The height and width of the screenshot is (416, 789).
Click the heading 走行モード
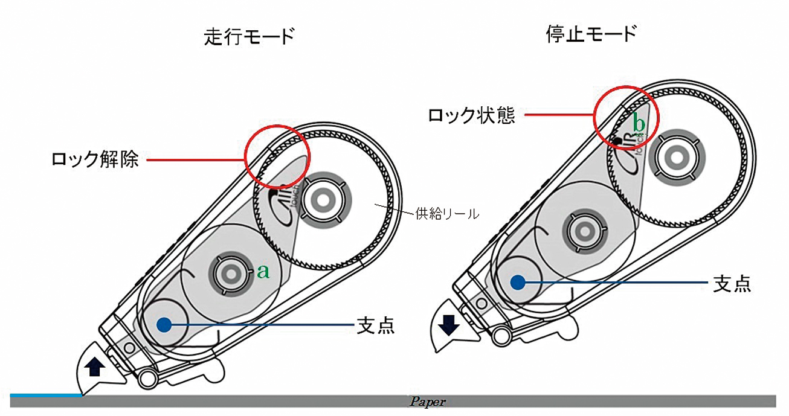point(249,38)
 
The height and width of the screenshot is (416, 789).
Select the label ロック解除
point(96,161)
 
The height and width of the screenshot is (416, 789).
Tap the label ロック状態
point(472,115)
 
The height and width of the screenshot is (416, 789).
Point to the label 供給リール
point(447,213)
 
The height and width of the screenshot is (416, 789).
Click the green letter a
point(263,272)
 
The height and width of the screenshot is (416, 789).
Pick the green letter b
point(639,124)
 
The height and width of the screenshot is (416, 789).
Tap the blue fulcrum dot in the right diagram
point(517,282)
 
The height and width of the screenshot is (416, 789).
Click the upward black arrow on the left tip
point(92,366)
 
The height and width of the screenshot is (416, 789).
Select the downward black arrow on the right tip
point(448,325)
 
